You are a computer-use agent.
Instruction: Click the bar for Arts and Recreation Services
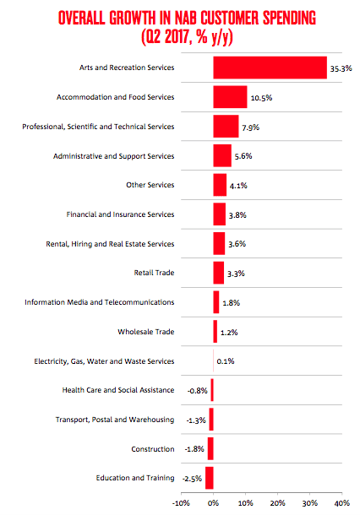(270, 68)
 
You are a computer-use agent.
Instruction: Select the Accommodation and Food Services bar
(230, 97)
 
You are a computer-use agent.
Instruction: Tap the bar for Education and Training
(210, 478)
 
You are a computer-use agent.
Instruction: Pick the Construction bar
(210, 448)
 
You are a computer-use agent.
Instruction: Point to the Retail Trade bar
(219, 273)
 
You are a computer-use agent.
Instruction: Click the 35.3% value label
(341, 68)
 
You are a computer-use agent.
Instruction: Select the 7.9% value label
(250, 127)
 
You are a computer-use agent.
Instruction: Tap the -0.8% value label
(198, 391)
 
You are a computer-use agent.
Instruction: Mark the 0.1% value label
(226, 361)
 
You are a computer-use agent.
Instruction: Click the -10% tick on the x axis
(181, 503)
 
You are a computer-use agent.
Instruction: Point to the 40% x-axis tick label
(342, 503)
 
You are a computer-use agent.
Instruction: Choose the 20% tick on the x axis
(277, 503)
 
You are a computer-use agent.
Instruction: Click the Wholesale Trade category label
(146, 332)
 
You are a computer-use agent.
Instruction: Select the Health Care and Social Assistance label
(118, 390)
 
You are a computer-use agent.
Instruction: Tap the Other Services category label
(150, 185)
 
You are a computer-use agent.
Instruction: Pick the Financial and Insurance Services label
(120, 214)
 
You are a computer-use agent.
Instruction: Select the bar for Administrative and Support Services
(222, 155)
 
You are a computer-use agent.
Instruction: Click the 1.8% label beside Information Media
(231, 303)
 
